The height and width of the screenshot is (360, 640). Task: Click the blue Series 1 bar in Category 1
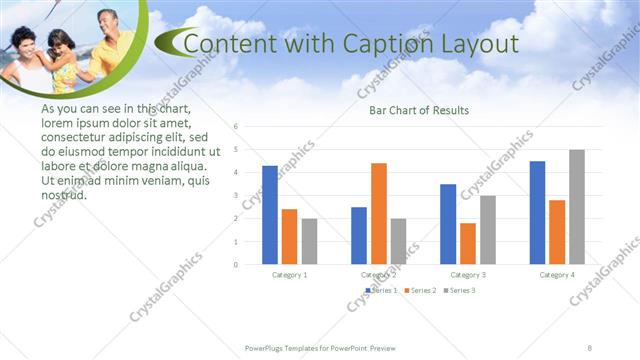click(x=270, y=215)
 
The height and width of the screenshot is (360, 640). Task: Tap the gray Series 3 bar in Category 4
click(x=577, y=207)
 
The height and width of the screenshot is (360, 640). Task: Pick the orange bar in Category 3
click(x=468, y=243)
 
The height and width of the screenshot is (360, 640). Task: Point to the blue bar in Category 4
click(x=537, y=212)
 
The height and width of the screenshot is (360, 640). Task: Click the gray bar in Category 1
click(x=309, y=241)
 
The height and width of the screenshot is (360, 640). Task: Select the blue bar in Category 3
click(x=448, y=224)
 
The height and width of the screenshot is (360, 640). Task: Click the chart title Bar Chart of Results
click(x=419, y=110)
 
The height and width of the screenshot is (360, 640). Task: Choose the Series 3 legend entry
click(x=459, y=290)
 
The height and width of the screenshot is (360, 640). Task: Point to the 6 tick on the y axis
click(x=236, y=127)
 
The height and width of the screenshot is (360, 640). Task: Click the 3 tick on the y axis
click(x=236, y=196)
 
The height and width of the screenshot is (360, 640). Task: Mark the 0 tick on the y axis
click(x=236, y=265)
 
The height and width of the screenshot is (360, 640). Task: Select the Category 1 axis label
click(x=290, y=274)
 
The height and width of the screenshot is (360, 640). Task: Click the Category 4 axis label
click(x=557, y=274)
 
